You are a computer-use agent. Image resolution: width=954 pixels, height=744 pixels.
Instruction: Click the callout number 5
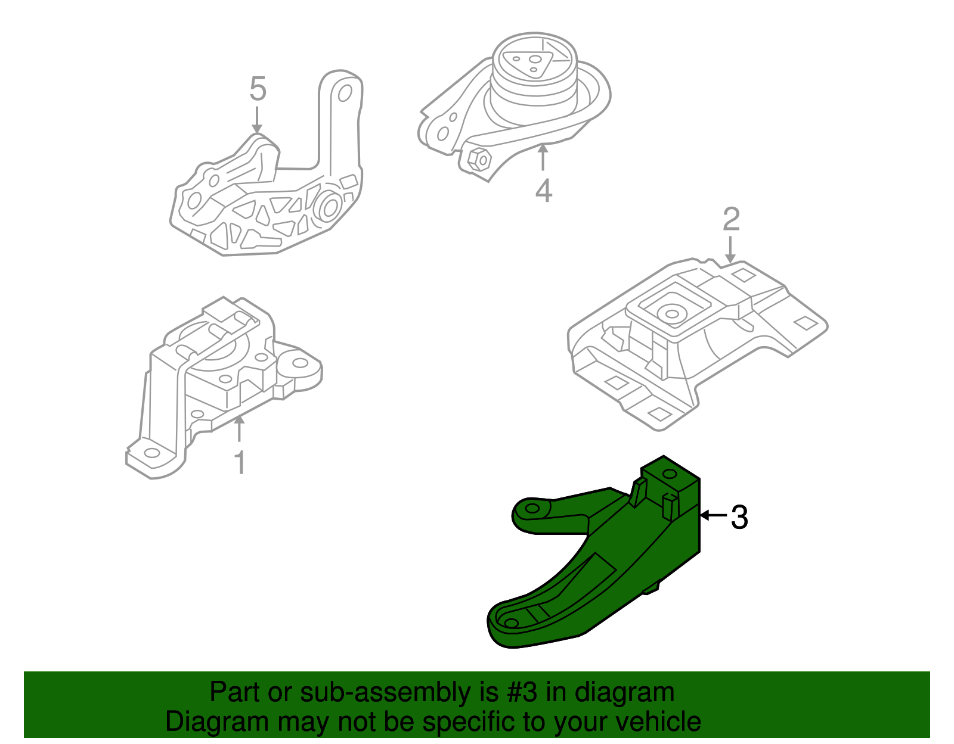pyautogui.click(x=258, y=89)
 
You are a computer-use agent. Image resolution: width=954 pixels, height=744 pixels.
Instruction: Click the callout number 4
pyautogui.click(x=543, y=191)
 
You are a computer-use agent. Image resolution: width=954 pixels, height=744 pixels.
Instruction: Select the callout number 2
pyautogui.click(x=731, y=220)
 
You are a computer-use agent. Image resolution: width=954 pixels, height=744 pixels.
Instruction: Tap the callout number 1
pyautogui.click(x=240, y=463)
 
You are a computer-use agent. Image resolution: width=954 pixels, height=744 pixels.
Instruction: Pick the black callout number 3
pyautogui.click(x=739, y=517)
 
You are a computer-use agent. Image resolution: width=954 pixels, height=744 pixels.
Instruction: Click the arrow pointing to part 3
pyautogui.click(x=713, y=515)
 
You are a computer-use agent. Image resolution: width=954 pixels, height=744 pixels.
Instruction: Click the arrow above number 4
pyautogui.click(x=543, y=157)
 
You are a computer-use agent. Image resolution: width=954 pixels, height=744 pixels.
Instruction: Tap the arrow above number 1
pyautogui.click(x=239, y=429)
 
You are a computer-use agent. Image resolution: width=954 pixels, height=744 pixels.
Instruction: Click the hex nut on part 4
pyautogui.click(x=479, y=159)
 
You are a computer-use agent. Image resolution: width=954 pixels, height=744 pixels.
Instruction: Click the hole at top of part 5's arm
pyautogui.click(x=344, y=94)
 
